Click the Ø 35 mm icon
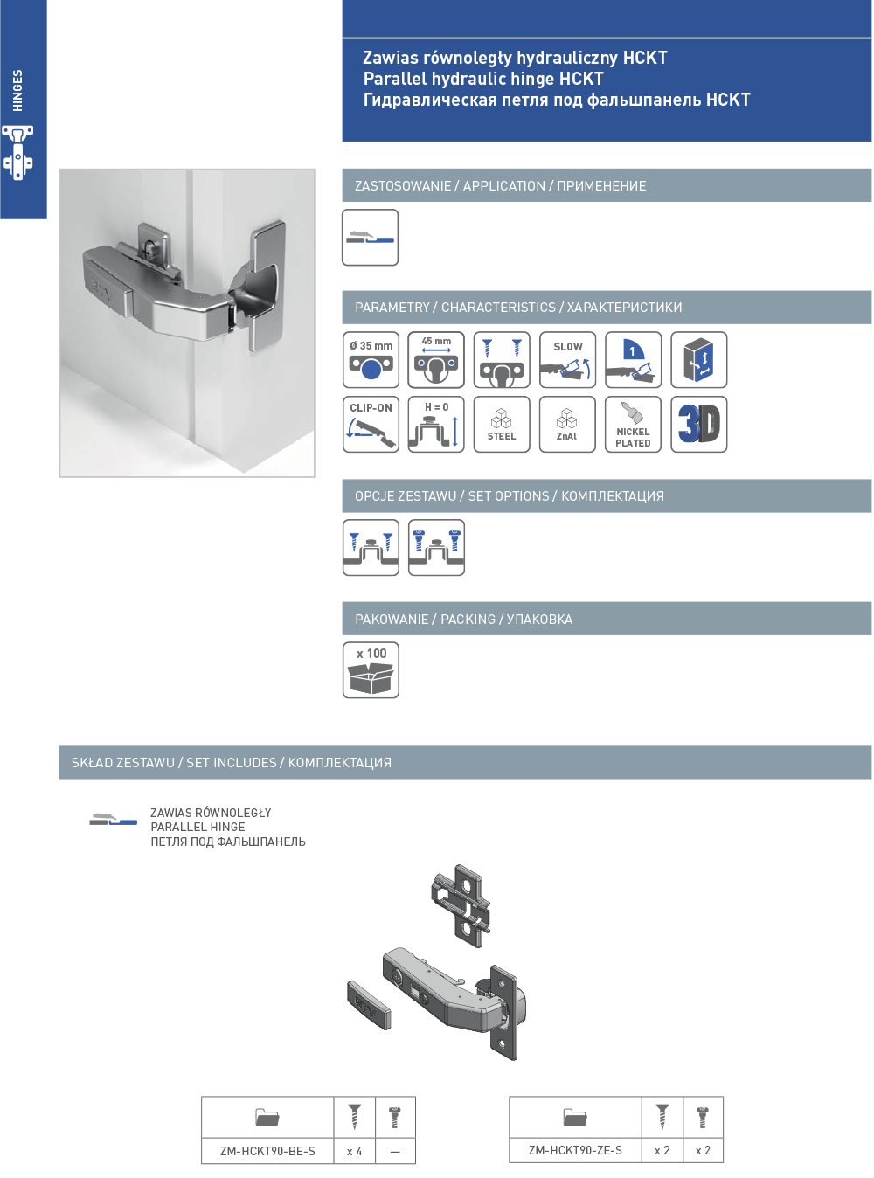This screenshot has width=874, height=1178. (371, 359)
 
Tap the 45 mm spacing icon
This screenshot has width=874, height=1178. (435, 359)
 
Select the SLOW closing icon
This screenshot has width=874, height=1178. (567, 359)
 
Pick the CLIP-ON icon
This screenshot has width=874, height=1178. (371, 425)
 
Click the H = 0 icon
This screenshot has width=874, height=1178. (435, 425)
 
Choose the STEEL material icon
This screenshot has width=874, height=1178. (502, 425)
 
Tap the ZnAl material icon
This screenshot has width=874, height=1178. (567, 425)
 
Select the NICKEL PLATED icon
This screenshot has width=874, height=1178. (633, 425)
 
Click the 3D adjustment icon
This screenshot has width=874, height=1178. (698, 425)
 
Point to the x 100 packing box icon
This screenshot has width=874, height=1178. (371, 669)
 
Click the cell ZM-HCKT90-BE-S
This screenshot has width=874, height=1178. (267, 1151)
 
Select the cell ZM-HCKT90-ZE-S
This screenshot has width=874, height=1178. (575, 1150)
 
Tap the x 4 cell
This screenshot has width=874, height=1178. (354, 1151)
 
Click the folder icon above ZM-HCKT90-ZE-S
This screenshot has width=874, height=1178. (575, 1117)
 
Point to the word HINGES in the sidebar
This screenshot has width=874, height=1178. (17, 90)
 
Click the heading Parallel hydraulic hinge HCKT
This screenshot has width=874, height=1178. (483, 79)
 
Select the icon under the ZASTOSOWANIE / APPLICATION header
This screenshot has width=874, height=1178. (370, 237)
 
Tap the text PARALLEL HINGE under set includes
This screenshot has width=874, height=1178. (198, 827)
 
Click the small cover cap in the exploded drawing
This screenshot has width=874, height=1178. (369, 1005)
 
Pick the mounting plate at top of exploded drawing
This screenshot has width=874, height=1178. (461, 905)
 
